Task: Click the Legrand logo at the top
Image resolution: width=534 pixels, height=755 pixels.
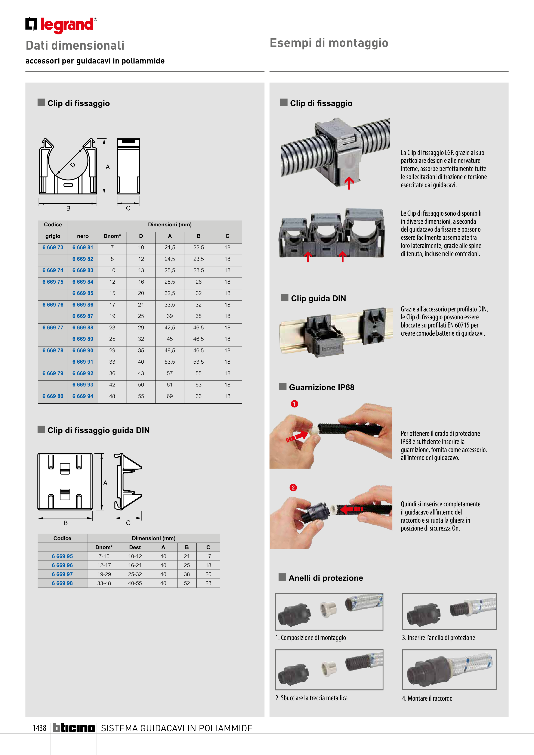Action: click(61, 25)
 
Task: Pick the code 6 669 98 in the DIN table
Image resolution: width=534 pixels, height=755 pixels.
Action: click(62, 583)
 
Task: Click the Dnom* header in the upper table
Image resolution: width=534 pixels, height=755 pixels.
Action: click(112, 236)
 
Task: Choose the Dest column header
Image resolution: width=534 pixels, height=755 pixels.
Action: click(135, 547)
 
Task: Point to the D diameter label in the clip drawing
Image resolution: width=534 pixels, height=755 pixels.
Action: click(73, 165)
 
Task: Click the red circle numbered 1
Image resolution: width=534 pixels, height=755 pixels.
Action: click(294, 404)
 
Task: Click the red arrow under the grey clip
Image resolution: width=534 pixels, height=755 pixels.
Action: click(349, 183)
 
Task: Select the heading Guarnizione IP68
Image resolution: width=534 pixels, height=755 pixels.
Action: click(321, 387)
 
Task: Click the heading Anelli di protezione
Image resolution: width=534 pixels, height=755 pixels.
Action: click(325, 578)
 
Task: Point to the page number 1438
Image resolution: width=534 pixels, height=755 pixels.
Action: click(40, 728)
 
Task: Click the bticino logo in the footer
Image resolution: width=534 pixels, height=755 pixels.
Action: click(74, 728)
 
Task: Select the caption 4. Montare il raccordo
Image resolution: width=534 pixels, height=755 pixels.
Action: click(427, 698)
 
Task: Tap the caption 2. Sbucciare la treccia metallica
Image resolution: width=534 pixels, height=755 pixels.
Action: click(311, 698)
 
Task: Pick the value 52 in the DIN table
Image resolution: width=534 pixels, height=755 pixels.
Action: click(187, 583)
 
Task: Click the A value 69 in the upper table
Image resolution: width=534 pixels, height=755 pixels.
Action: click(170, 396)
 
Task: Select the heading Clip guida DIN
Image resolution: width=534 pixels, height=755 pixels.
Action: click(318, 299)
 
